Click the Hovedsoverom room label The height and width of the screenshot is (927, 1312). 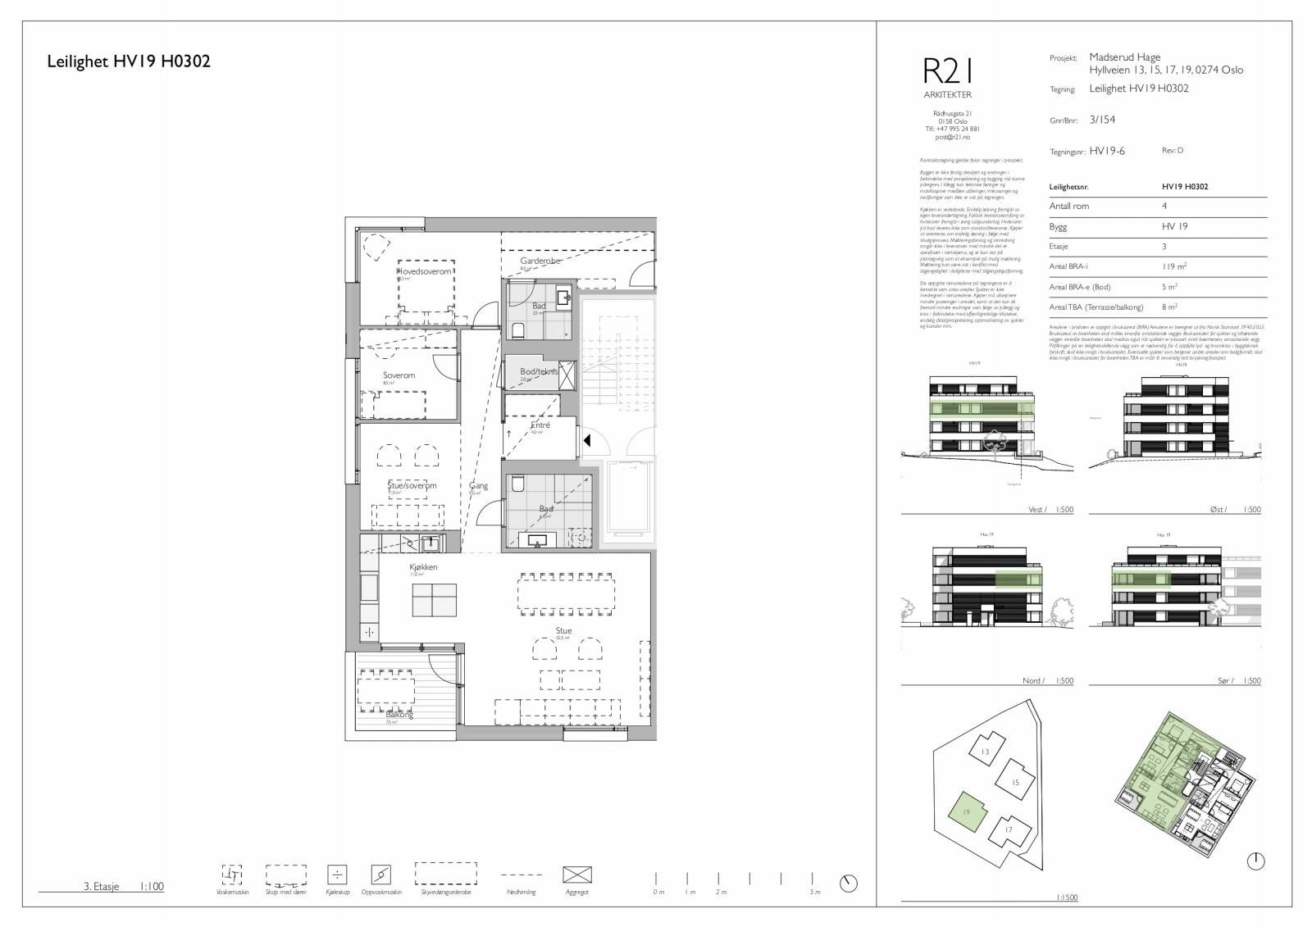pyautogui.click(x=424, y=271)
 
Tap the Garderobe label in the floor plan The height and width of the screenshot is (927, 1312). pyautogui.click(x=540, y=261)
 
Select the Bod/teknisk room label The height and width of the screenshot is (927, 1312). pyautogui.click(x=538, y=371)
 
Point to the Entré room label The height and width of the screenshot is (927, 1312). pyautogui.click(x=540, y=425)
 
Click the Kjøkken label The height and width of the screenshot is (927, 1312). pyautogui.click(x=423, y=567)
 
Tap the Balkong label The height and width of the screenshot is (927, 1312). pyautogui.click(x=399, y=715)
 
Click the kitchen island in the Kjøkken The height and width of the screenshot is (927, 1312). pyautogui.click(x=434, y=600)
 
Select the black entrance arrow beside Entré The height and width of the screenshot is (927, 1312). pyautogui.click(x=587, y=441)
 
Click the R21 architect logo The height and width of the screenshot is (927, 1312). pyautogui.click(x=947, y=72)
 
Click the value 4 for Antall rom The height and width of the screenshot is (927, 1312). pyautogui.click(x=1164, y=207)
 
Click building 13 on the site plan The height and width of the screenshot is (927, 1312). pyautogui.click(x=986, y=752)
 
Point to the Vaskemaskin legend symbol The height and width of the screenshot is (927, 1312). pyautogui.click(x=230, y=874)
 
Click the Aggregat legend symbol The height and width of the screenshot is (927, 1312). pyautogui.click(x=576, y=875)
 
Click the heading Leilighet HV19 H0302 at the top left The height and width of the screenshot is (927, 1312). pyautogui.click(x=129, y=61)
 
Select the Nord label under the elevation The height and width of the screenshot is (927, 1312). pyautogui.click(x=1032, y=681)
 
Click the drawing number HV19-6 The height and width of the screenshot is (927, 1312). pyautogui.click(x=1107, y=152)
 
